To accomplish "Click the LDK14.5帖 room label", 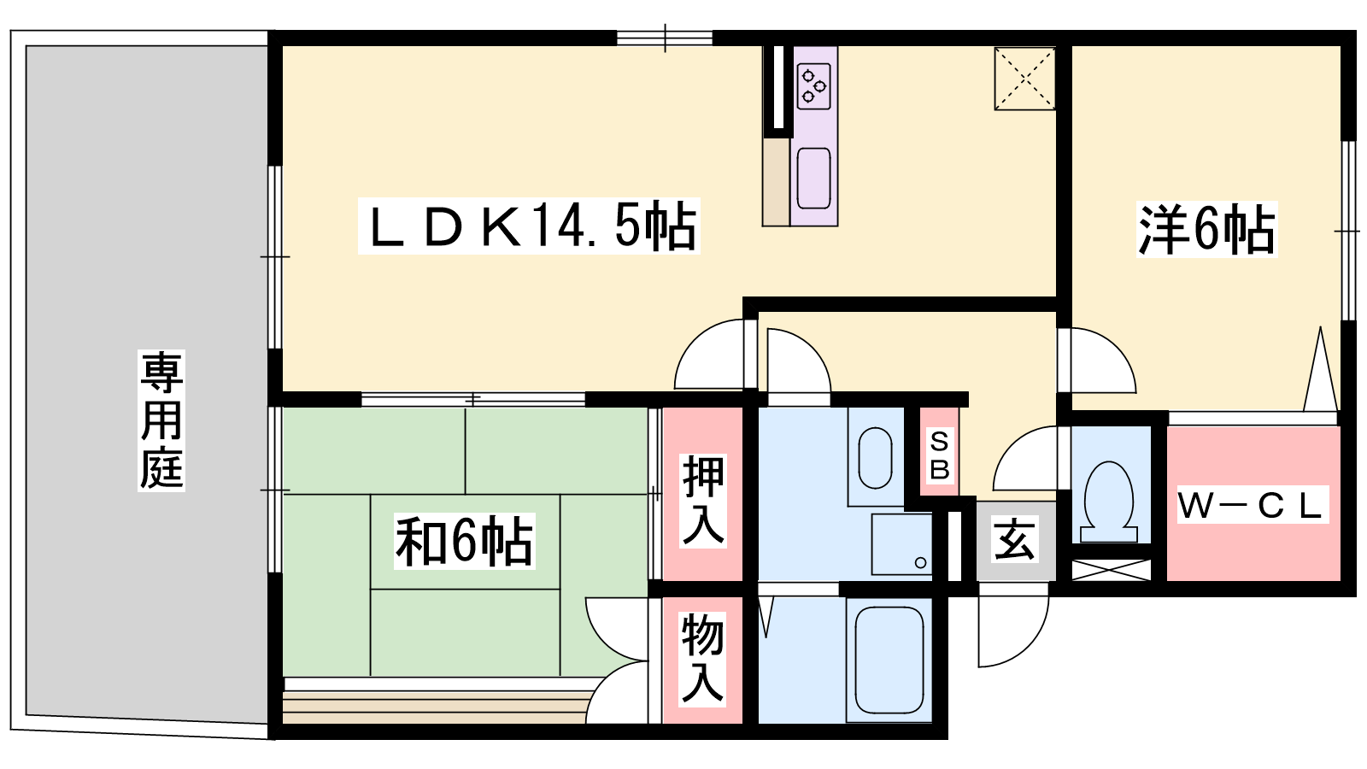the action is [x=529, y=226].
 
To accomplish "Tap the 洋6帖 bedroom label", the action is [x=1206, y=229].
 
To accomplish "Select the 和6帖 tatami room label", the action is [x=465, y=542].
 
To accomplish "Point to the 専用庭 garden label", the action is [x=161, y=420].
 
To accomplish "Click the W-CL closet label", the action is [x=1251, y=505].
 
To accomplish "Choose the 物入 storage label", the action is [x=702, y=659].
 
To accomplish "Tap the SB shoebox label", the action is [x=939, y=455].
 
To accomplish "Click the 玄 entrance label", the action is [x=1014, y=539].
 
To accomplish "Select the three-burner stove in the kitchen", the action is [x=814, y=86].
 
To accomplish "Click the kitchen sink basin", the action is [x=814, y=179].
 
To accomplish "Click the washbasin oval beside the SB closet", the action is [x=875, y=458].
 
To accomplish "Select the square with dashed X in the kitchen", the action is [x=1024, y=79].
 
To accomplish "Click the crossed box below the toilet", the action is [x=1112, y=570].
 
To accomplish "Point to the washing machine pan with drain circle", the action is [x=901, y=544].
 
